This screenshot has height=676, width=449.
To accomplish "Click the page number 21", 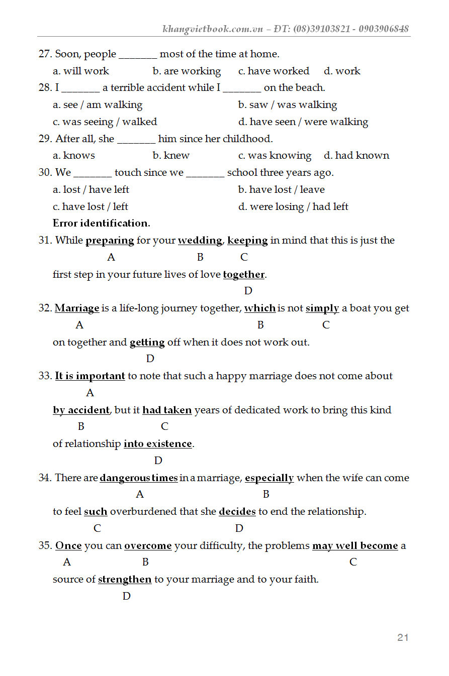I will pos(403,637).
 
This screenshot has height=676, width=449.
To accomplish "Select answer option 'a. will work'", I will pos(81,71).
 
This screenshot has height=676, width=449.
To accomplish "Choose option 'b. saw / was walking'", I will pos(288,104).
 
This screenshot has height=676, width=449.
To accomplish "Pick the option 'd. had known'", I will pos(356,155).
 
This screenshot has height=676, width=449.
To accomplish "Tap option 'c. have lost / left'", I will pos(91,206).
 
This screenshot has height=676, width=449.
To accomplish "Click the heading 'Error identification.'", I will pos(102,223).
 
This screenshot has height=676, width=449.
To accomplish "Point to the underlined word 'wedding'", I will pos(200,240).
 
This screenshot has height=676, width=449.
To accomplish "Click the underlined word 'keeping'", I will pos(247,240).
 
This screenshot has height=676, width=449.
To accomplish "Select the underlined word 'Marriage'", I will pos(77,308).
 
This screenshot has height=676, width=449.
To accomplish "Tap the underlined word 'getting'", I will pos(147,342).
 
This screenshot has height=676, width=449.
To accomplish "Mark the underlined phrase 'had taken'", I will pos(167,410).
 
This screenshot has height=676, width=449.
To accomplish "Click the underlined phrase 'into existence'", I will pos(158,443).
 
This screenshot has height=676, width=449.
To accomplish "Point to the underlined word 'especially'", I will pos(270,478).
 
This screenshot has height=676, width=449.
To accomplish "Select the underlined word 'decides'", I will pos(237,511).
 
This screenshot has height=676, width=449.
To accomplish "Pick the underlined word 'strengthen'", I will pos(125,579).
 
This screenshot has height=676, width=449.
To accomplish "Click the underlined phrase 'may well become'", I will pos(355,545).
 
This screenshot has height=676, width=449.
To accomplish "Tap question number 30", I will pos(45,172).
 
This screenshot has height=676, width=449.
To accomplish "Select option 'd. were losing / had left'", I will pos(293,206).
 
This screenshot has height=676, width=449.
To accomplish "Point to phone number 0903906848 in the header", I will pos(384,29).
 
